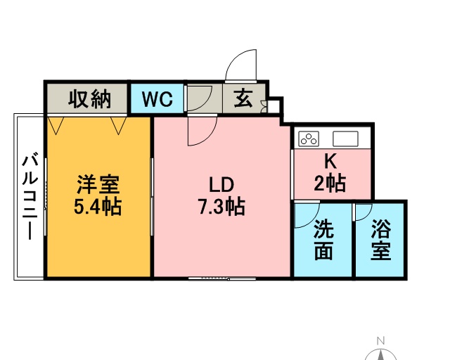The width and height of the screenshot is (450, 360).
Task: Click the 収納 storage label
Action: [x=89, y=98]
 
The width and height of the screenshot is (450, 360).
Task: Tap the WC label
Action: [x=157, y=99]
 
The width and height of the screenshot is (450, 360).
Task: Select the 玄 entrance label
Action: [x=243, y=98]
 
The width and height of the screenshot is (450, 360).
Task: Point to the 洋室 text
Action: [x=98, y=184]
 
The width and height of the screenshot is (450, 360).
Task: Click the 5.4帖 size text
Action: [x=98, y=207]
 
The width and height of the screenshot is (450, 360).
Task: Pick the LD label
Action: [x=221, y=185]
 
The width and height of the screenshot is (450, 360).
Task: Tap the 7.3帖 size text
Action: [x=221, y=207]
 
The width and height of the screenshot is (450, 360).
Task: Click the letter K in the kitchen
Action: [x=330, y=161]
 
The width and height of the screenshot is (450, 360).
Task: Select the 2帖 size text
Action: [x=330, y=183]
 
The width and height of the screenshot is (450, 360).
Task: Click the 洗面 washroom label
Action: [x=324, y=240]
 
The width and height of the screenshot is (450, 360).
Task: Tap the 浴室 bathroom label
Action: [x=381, y=240]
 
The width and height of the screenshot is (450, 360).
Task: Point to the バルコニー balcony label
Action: [x=30, y=198]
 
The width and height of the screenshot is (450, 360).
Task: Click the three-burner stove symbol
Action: [x=309, y=139]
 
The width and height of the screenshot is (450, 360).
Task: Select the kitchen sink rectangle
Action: [x=345, y=139]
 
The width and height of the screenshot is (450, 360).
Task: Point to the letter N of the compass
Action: [x=380, y=341]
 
